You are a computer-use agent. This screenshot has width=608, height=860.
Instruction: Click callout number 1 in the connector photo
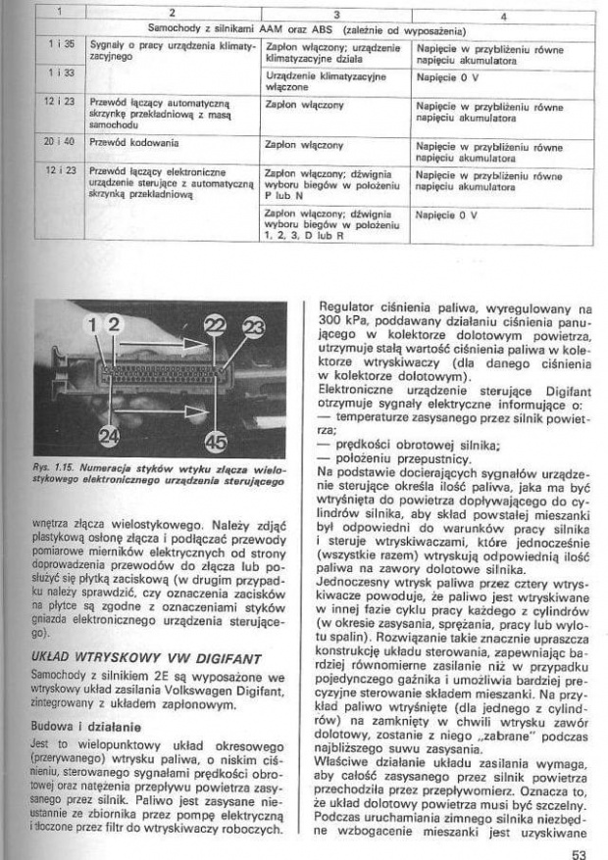click(x=96, y=324)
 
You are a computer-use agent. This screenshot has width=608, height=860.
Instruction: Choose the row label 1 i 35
click(x=54, y=46)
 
